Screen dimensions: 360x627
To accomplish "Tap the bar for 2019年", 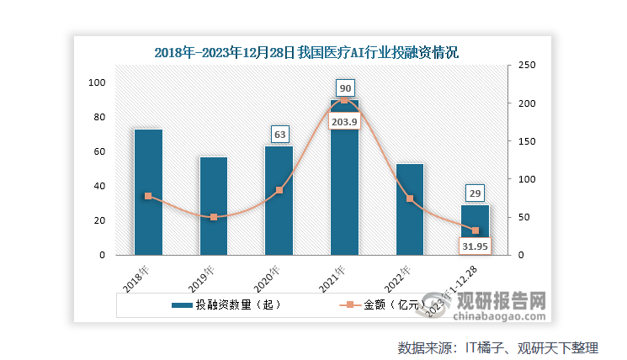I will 214,206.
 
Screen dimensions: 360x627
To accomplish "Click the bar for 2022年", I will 410,209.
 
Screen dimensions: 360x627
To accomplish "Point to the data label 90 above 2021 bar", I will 344,87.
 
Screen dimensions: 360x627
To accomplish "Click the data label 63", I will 279,134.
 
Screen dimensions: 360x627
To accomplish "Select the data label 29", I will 476,193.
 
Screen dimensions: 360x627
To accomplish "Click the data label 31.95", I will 475,246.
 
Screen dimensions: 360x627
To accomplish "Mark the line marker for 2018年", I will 148,196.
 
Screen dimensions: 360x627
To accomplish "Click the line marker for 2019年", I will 214,217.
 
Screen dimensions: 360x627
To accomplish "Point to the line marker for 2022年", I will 410,199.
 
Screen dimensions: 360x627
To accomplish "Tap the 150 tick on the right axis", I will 526,141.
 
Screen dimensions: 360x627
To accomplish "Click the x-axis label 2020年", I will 268,277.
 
